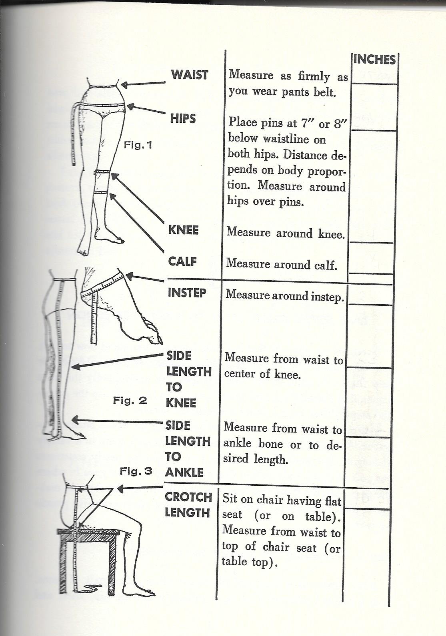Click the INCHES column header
(x=374, y=60)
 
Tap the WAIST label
(x=189, y=75)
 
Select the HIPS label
(x=183, y=118)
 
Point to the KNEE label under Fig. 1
(x=183, y=230)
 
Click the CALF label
(x=182, y=261)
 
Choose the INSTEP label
(x=187, y=293)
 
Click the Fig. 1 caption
(x=138, y=145)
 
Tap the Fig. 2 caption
(x=130, y=400)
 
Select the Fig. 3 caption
(x=136, y=471)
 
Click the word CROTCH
(x=188, y=497)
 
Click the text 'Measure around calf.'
(x=282, y=264)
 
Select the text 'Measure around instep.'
(x=285, y=296)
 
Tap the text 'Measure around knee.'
(x=285, y=233)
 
